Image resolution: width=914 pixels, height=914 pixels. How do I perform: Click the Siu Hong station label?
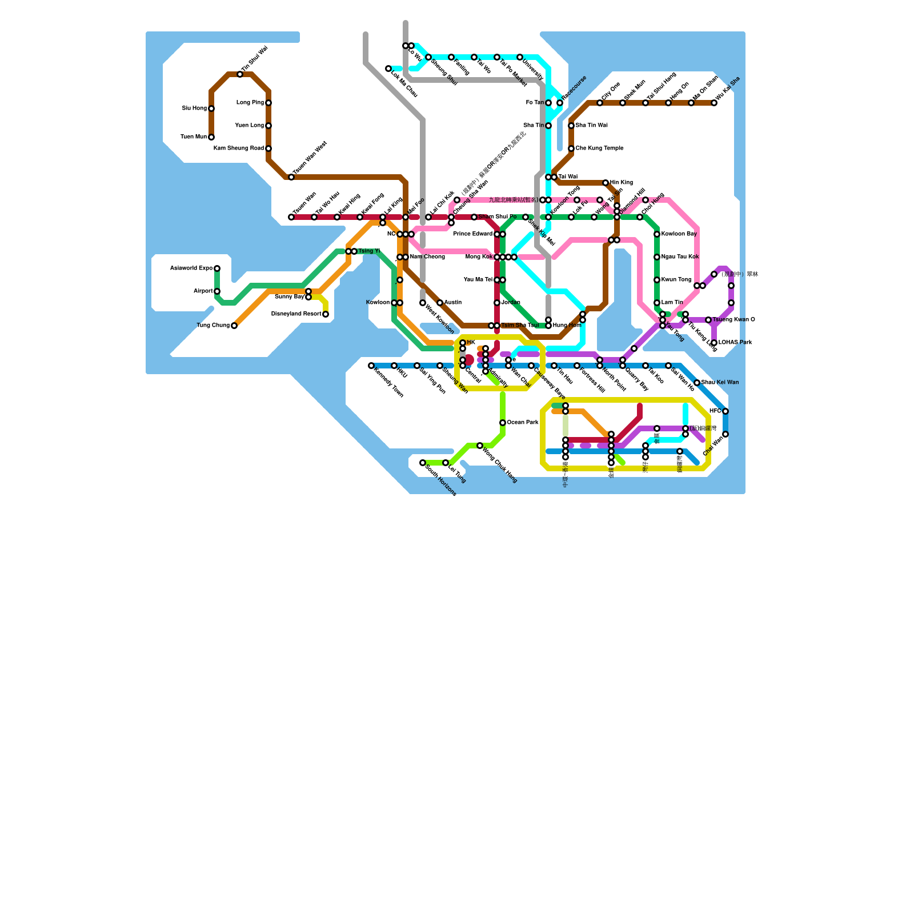(194, 109)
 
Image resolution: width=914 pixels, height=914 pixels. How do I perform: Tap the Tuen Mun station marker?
(211, 137)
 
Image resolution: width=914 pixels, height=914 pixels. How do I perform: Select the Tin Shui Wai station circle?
(240, 74)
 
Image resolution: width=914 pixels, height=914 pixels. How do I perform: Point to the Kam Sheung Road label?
(239, 149)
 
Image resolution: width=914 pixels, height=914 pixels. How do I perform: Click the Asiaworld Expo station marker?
(217, 268)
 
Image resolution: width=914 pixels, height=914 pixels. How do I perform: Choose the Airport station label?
(203, 291)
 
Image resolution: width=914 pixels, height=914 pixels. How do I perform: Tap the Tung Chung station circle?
(234, 326)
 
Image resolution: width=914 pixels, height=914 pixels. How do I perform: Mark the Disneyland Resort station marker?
(326, 314)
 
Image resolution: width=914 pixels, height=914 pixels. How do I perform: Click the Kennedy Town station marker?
(371, 366)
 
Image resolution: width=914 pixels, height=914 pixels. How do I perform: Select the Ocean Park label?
(523, 423)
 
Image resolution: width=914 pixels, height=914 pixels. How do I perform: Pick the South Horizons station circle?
(423, 463)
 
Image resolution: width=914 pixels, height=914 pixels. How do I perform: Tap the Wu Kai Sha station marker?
(714, 103)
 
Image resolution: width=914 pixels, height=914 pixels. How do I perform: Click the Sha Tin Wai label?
(591, 126)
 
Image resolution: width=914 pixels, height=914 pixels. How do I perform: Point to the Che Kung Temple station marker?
(571, 149)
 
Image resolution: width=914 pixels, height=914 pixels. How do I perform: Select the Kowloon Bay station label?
(679, 234)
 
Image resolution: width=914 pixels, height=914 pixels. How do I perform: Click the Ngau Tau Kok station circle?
(657, 257)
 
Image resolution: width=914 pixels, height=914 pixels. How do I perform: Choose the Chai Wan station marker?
(725, 434)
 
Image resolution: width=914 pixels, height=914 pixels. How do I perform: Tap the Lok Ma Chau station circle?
(388, 69)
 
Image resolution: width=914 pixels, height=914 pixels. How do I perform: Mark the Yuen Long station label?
(250, 126)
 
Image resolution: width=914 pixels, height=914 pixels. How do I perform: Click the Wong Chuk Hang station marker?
(480, 446)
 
